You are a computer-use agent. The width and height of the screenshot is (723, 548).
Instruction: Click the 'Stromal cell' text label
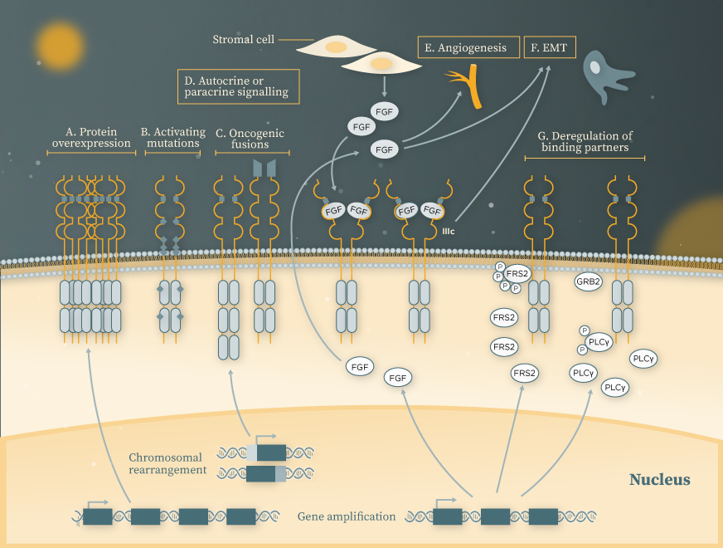click(243, 39)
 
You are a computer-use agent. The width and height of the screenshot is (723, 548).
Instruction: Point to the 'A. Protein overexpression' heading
click(91, 138)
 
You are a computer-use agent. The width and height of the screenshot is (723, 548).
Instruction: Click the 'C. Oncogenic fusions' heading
click(250, 138)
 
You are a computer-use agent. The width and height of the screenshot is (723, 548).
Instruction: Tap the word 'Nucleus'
click(659, 480)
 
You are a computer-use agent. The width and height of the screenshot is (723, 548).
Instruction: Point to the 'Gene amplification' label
click(346, 516)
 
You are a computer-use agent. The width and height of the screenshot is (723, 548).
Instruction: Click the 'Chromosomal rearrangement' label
click(167, 463)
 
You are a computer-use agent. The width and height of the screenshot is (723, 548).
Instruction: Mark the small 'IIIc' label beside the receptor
click(448, 232)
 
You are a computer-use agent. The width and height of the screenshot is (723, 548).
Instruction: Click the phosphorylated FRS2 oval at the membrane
click(517, 272)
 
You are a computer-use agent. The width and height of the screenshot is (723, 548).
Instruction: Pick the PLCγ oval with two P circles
click(599, 341)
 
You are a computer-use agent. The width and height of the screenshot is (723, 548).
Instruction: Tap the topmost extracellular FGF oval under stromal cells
click(384, 111)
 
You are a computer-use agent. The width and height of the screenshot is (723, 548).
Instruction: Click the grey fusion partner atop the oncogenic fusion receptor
click(264, 169)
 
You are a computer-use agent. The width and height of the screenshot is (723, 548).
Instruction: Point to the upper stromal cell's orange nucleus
click(336, 46)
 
